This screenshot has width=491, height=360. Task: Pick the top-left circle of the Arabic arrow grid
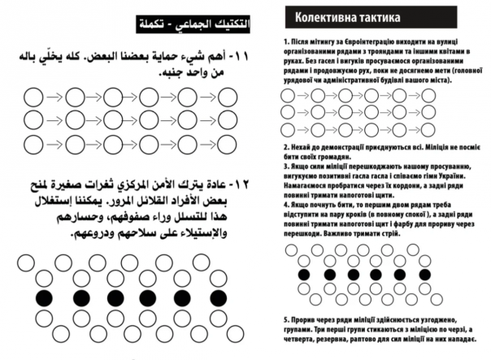33,98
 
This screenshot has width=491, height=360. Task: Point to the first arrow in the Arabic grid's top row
54,98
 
